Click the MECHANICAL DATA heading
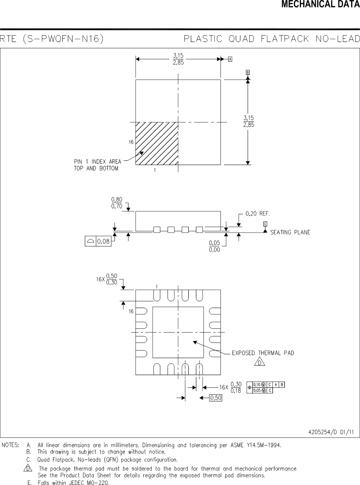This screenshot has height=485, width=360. click(x=320, y=5)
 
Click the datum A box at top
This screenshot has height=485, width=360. click(x=230, y=59)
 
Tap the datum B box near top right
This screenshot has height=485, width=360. click(x=248, y=72)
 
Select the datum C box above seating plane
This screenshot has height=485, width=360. click(x=265, y=224)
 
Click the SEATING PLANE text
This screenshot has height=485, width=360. click(x=290, y=232)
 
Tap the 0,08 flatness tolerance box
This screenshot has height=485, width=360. click(x=98, y=241)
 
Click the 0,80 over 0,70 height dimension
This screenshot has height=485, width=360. click(x=117, y=203)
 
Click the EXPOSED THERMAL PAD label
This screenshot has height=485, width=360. click(x=263, y=353)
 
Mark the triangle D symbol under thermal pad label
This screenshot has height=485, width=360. click(x=260, y=362)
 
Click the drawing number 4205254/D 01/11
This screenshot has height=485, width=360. click(x=331, y=432)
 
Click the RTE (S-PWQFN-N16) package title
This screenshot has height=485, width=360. click(x=53, y=39)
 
